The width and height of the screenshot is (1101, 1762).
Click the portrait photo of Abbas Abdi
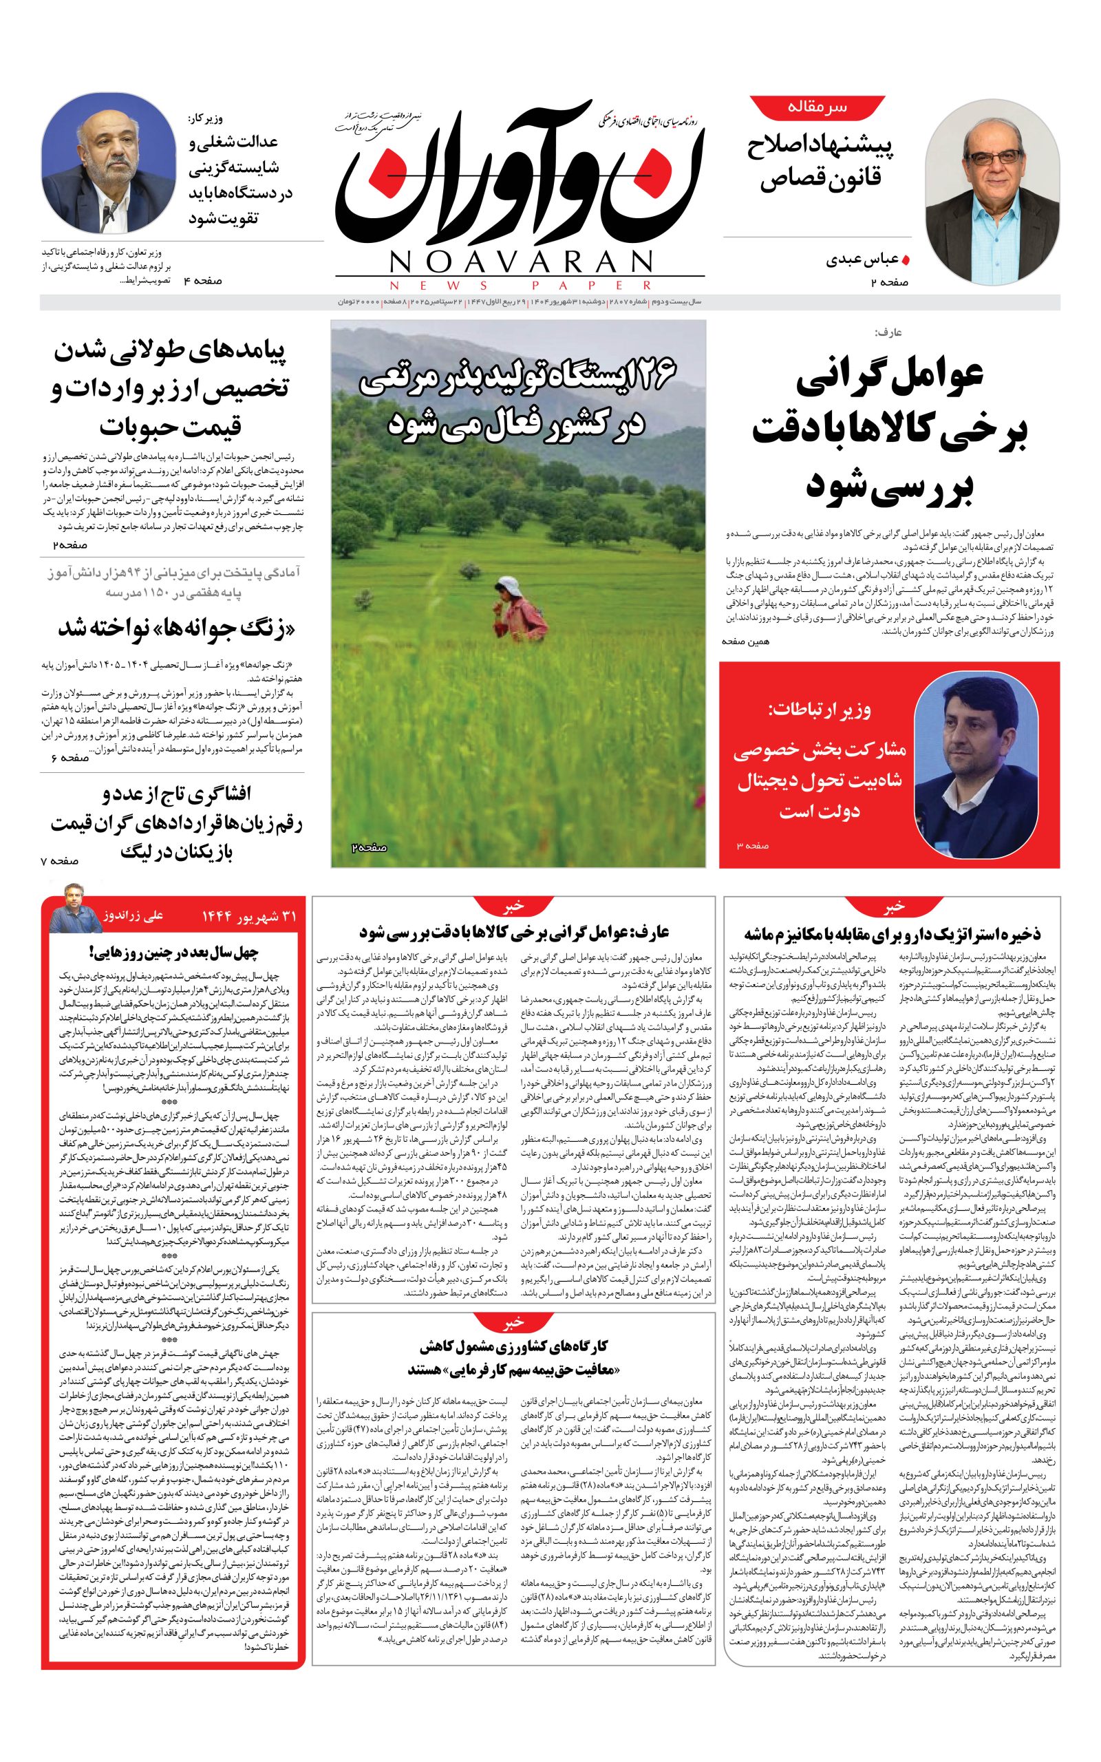(992, 198)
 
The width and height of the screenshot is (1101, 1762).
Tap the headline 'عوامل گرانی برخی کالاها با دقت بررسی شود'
(889, 429)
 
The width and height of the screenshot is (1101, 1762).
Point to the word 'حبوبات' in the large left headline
(171, 427)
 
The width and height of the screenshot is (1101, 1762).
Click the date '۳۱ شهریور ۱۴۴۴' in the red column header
(249, 916)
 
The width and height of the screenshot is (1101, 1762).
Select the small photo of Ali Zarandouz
(75, 908)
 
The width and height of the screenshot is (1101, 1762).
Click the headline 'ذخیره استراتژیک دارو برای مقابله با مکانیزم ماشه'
(892, 933)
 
